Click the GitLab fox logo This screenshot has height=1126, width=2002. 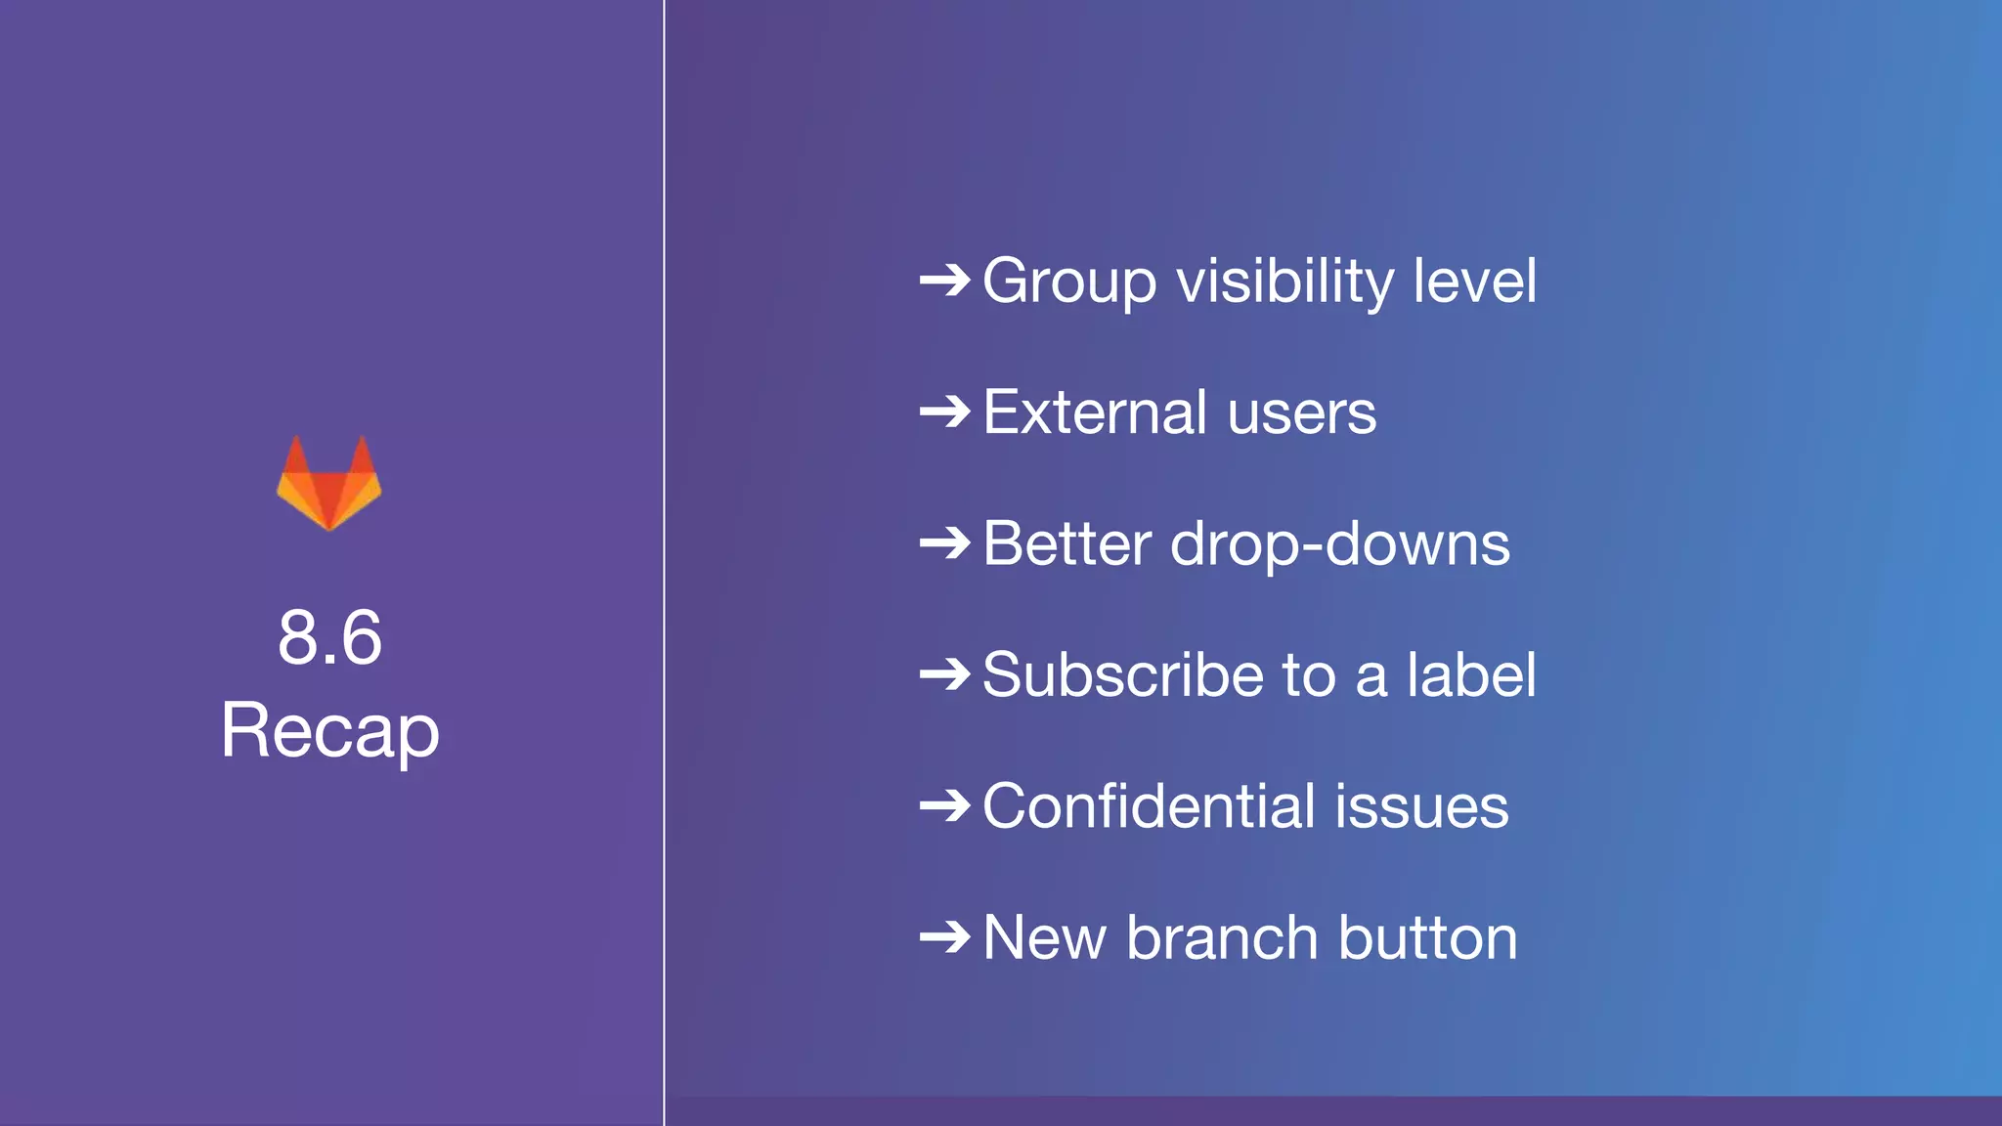329,483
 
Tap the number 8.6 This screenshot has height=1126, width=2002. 329,637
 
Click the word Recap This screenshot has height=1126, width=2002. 329,731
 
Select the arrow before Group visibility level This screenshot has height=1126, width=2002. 944,281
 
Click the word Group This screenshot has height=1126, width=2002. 1069,282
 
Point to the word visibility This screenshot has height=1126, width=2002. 1285,282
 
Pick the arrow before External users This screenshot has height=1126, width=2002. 944,412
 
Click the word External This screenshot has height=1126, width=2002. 1095,412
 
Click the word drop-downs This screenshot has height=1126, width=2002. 1340,544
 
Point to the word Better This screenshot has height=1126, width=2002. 1066,543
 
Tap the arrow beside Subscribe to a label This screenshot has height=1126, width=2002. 944,674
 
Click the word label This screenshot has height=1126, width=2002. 1471,674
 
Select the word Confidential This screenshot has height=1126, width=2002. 1149,806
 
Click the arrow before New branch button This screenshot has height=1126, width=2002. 944,938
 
